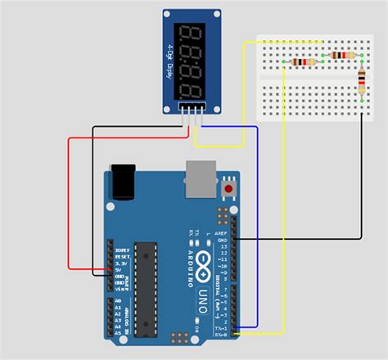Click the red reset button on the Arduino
click(230, 190)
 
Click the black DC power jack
click(124, 182)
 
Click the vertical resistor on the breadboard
click(363, 84)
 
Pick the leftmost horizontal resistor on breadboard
click(304, 62)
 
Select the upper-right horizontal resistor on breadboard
click(343, 56)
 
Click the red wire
click(68, 205)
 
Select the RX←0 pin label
click(219, 333)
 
